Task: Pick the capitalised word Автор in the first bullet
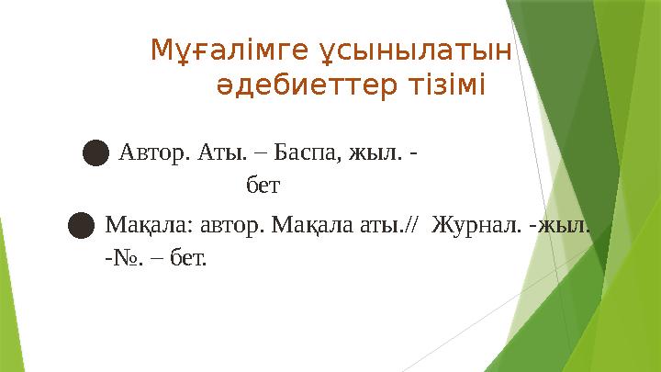tap(153, 152)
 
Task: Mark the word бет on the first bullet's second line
tap(263, 186)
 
